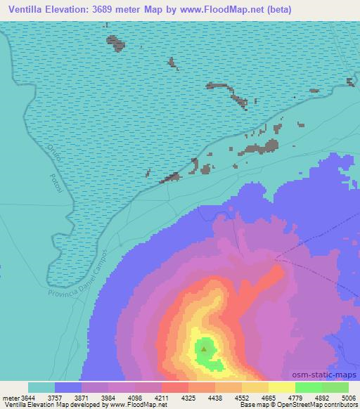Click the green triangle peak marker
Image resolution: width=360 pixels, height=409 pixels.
(204, 347)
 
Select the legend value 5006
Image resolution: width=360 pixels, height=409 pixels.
(348, 398)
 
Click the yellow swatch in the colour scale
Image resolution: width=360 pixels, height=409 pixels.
(282, 387)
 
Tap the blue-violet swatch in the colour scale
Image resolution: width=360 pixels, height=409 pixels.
(68, 387)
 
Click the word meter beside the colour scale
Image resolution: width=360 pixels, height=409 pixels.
(11, 398)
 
